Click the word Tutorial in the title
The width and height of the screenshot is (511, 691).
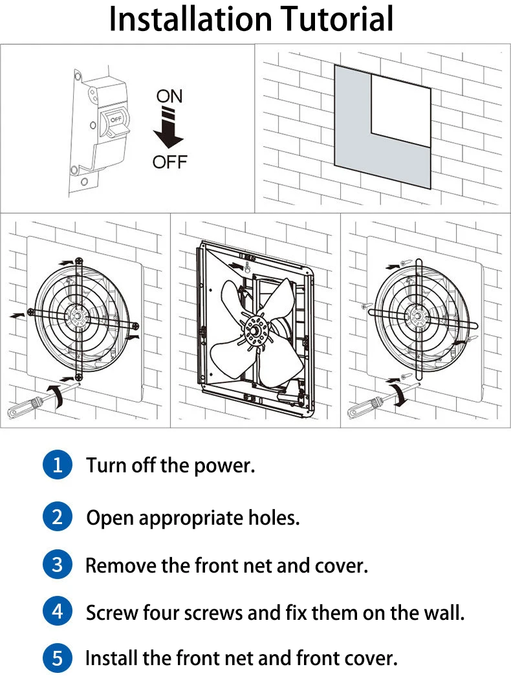tap(339, 19)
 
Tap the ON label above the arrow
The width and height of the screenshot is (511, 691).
tap(169, 96)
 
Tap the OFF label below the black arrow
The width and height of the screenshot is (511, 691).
tap(169, 162)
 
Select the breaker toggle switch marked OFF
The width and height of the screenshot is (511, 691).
tap(115, 122)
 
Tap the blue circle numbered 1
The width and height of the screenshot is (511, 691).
tap(58, 465)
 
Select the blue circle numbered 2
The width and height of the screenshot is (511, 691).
tap(58, 517)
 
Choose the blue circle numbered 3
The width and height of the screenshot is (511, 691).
tap(58, 565)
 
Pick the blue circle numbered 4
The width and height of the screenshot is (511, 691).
tap(58, 611)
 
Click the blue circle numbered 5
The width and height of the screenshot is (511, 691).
tap(58, 659)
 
